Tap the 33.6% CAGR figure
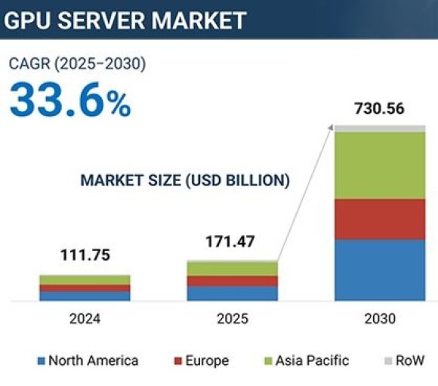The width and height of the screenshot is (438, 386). click(70, 100)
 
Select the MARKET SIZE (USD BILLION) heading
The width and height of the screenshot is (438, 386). click(185, 180)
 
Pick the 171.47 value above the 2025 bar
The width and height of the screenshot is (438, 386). click(230, 243)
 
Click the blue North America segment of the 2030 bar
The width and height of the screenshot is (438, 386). click(380, 270)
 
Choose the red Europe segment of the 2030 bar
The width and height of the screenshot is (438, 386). click(380, 219)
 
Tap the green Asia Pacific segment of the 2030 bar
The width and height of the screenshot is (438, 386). click(380, 165)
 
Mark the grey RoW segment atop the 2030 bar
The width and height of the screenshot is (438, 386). click(380, 128)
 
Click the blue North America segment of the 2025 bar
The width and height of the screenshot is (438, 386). click(232, 293)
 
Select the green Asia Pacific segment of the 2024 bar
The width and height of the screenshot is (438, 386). click(85, 280)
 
